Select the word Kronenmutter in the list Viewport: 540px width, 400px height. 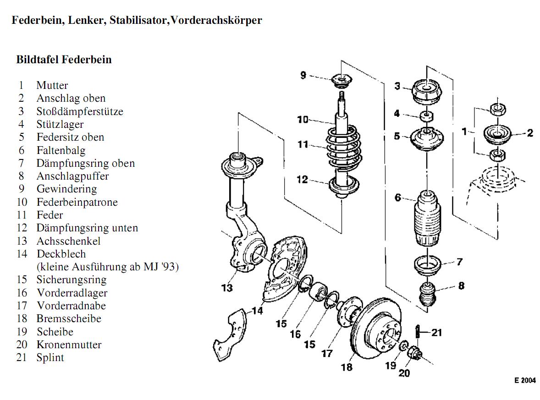click(69, 345)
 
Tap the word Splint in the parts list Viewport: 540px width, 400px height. click(50, 358)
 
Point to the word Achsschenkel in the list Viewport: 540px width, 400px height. click(68, 241)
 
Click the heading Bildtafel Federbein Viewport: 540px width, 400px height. click(64, 60)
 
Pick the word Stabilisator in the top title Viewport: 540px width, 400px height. click(139, 21)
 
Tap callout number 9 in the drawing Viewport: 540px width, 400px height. click(303, 75)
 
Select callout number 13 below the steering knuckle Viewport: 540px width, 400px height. click(227, 288)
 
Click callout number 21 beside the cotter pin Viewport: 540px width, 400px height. click(437, 332)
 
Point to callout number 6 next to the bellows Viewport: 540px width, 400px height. click(397, 197)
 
